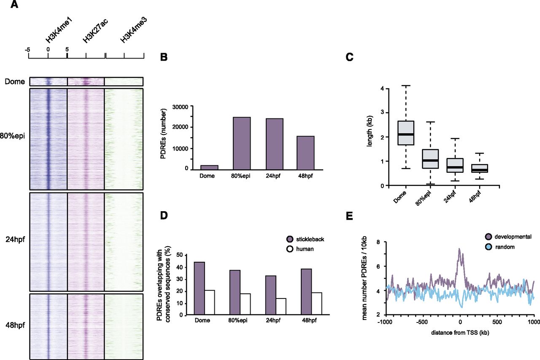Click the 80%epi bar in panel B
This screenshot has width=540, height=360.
(241, 143)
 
